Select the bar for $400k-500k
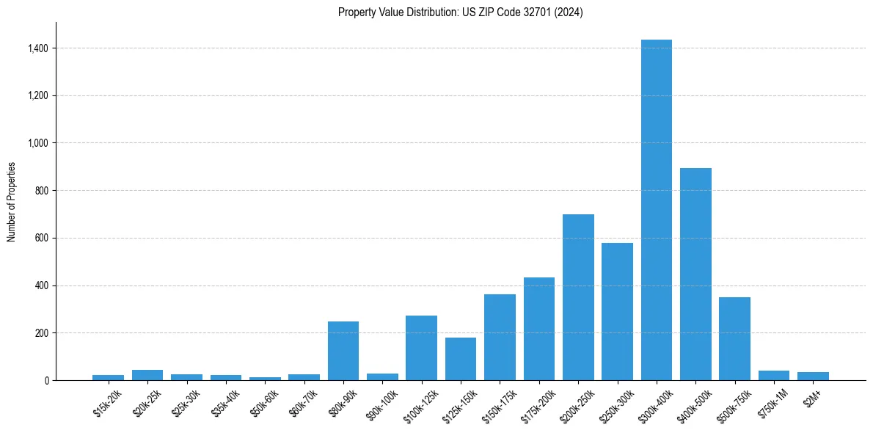click(695, 274)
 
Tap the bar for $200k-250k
click(578, 297)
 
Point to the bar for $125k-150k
click(460, 359)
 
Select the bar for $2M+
click(813, 376)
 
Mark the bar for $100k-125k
click(421, 348)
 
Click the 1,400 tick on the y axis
click(38, 48)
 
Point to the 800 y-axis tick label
click(43, 191)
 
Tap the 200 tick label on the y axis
click(43, 333)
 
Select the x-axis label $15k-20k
click(108, 402)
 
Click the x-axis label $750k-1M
click(772, 403)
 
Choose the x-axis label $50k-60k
click(264, 403)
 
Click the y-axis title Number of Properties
click(12, 201)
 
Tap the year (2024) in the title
click(570, 12)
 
